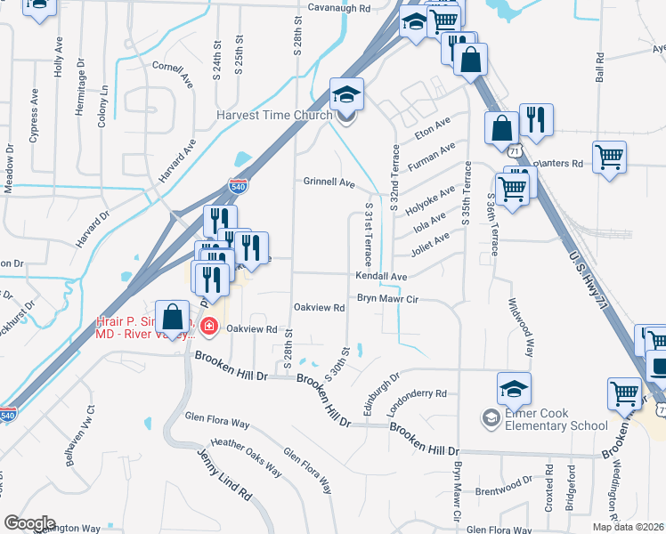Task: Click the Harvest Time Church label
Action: (x=273, y=115)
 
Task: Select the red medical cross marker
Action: (x=209, y=328)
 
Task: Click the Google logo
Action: (x=28, y=523)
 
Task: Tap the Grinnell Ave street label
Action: (x=329, y=182)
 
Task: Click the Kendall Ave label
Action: (x=380, y=277)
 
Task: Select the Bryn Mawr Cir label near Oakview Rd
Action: (x=387, y=301)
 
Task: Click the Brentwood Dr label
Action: (x=503, y=479)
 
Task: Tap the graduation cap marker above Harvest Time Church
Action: (x=345, y=93)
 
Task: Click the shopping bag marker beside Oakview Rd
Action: (x=172, y=316)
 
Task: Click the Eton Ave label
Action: (x=433, y=127)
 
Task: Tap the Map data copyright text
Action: (x=628, y=527)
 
